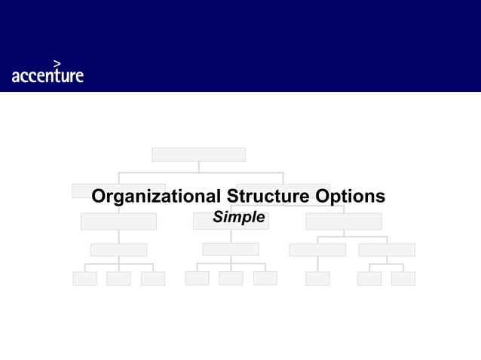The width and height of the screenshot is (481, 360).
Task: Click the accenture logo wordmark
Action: pyautogui.click(x=47, y=75)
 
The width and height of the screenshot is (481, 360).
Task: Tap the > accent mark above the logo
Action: pyautogui.click(x=57, y=63)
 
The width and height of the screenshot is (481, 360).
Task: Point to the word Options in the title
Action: pyautogui.click(x=350, y=197)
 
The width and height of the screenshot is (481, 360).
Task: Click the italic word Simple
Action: pyautogui.click(x=238, y=218)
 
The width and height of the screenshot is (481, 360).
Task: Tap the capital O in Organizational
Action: pyautogui.click(x=99, y=197)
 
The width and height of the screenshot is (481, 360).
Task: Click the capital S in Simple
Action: pyautogui.click(x=217, y=218)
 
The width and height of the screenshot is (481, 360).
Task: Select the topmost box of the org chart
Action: pyautogui.click(x=198, y=154)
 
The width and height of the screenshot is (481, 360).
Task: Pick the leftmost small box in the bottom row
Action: pyautogui.click(x=84, y=279)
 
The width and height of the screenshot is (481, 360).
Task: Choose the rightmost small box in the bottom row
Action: pyautogui.click(x=403, y=279)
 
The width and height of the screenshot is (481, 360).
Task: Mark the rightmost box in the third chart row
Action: pyautogui.click(x=343, y=221)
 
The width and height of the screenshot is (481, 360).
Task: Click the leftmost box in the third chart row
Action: pyautogui.click(x=118, y=221)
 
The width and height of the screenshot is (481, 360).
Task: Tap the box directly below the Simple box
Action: pyautogui.click(x=231, y=249)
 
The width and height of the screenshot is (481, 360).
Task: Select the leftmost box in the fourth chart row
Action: pyautogui.click(x=118, y=249)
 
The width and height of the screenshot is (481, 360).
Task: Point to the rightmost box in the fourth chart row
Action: pyautogui.click(x=387, y=249)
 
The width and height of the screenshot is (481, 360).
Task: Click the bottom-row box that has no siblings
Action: pyautogui.click(x=317, y=279)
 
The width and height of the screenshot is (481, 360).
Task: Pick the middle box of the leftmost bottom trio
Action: pyautogui.click(x=118, y=279)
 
